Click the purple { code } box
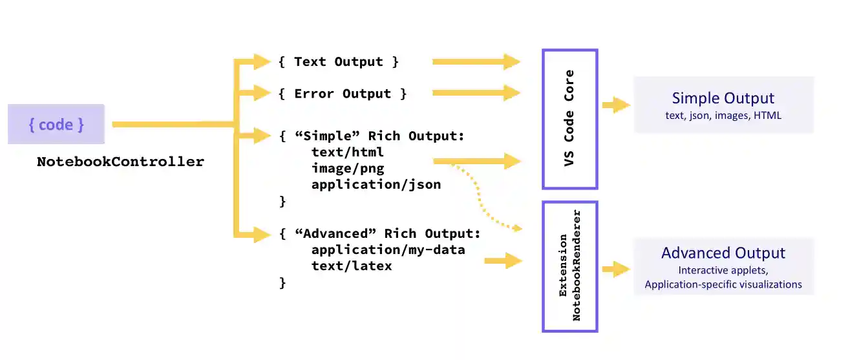point(56,124)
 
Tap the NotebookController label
point(120,162)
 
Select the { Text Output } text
point(339,62)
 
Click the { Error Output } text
point(343,94)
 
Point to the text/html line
point(348,153)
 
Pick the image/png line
point(348,169)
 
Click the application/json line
point(376,184)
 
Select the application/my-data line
point(388,249)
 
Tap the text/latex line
point(352,266)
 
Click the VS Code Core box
point(569,120)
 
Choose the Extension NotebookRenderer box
point(569,266)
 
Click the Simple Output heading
point(723,98)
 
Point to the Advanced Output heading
point(723,253)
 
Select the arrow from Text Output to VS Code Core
point(476,62)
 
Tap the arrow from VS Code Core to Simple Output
point(616,105)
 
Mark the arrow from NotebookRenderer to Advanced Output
point(616,268)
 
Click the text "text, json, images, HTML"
point(723,116)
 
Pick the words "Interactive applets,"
point(723,270)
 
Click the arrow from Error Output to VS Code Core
point(476,94)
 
